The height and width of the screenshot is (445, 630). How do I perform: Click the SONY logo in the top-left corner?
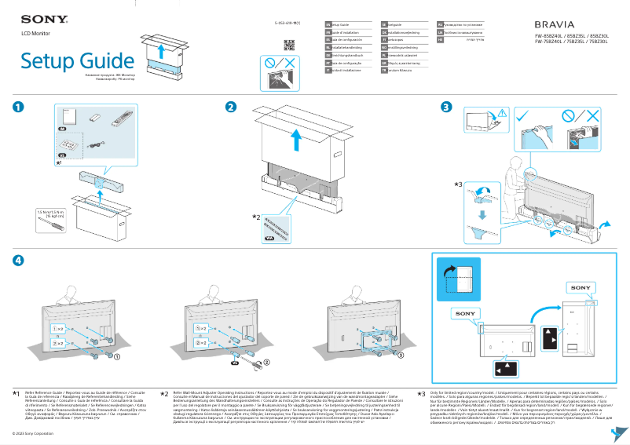37,17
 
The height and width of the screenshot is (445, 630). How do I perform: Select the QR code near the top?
288,44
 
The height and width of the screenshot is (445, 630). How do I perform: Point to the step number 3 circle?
446,107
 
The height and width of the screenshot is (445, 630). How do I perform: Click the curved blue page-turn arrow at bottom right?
617,432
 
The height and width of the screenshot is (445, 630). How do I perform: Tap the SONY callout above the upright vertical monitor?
580,288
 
